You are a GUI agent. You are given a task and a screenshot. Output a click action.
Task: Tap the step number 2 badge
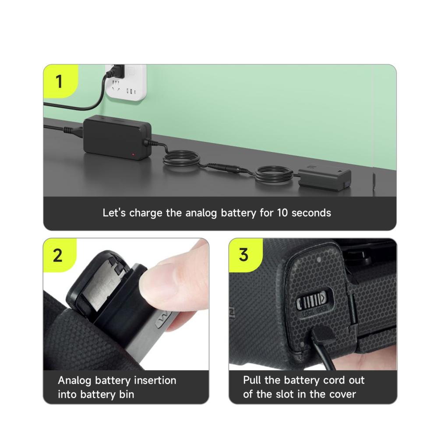pyautogui.click(x=59, y=255)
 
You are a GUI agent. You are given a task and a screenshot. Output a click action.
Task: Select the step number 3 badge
pyautogui.click(x=244, y=255)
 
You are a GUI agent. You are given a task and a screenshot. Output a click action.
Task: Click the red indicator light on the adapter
pyautogui.click(x=133, y=154)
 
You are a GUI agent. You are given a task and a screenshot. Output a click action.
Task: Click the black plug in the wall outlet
pyautogui.click(x=117, y=71)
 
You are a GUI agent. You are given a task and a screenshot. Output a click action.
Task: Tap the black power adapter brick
pyautogui.click(x=117, y=138)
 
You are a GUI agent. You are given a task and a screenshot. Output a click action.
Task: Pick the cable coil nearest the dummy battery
pyautogui.click(x=274, y=174)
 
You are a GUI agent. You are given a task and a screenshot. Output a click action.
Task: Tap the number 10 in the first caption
pyautogui.click(x=282, y=213)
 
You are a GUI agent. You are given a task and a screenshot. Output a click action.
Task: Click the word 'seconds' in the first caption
pyautogui.click(x=311, y=213)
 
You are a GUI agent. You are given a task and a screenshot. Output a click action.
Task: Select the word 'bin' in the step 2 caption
pyautogui.click(x=127, y=395)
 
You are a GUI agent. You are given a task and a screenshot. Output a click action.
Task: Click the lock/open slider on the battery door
pyautogui.click(x=314, y=301)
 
